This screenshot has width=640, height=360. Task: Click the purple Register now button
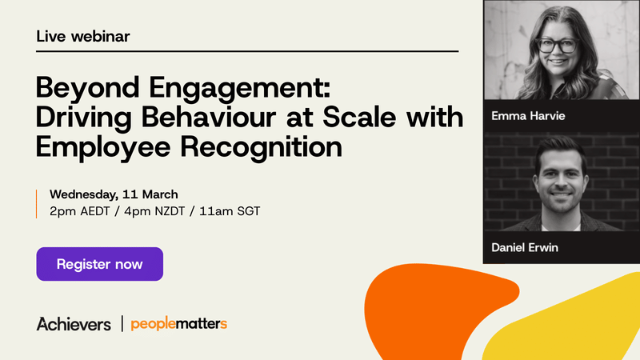[99, 264]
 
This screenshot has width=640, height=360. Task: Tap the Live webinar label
[83, 36]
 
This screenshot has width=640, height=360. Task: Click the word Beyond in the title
[84, 87]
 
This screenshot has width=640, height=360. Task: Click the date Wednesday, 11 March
[114, 194]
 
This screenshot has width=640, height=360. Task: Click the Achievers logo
[74, 324]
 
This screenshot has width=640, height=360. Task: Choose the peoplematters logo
[179, 324]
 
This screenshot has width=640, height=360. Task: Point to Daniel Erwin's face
[561, 177]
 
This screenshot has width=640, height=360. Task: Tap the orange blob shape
[432, 312]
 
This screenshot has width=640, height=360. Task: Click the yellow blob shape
[576, 320]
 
